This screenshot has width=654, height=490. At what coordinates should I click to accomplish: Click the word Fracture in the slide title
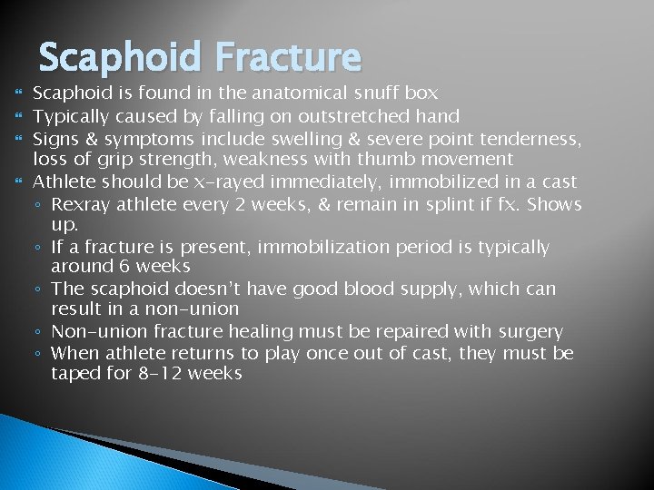pyautogui.click(x=288, y=58)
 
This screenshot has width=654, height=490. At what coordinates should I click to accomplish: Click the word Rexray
pyautogui.click(x=83, y=204)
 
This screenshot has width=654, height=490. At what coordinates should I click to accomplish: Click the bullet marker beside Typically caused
pyautogui.click(x=18, y=116)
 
